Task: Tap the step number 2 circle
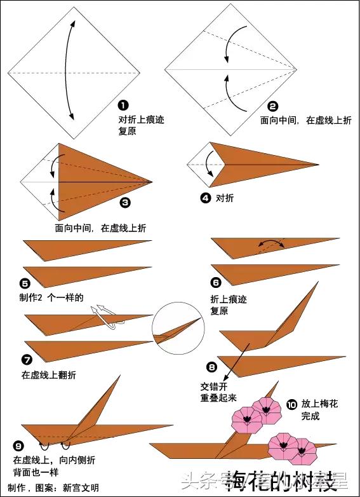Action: click(x=273, y=106)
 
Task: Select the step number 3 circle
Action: click(x=125, y=202)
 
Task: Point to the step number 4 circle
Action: click(x=205, y=198)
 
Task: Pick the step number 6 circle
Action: click(x=216, y=283)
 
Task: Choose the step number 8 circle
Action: click(x=211, y=367)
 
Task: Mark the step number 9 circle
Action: click(x=18, y=444)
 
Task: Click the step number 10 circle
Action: click(x=291, y=403)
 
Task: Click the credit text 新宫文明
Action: click(x=81, y=487)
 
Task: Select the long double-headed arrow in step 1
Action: click(x=69, y=70)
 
